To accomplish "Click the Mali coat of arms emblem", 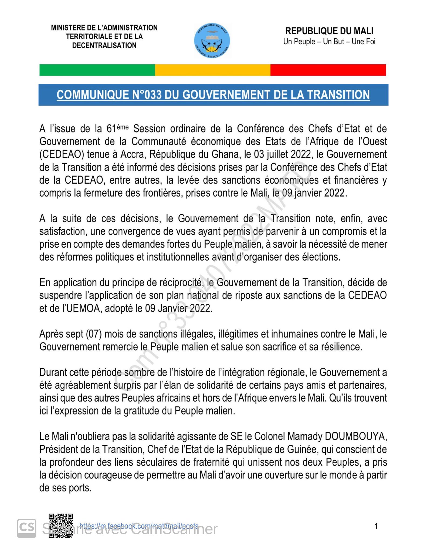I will (x=212, y=41).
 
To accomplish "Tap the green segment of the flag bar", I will (x=97, y=70).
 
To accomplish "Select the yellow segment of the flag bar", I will (x=212, y=70).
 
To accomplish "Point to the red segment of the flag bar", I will (x=328, y=70).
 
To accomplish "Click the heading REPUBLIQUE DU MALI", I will (x=329, y=31).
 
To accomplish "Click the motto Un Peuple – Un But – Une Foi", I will (x=329, y=42).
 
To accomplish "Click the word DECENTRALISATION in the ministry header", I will (x=104, y=45).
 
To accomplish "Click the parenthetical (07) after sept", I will (x=94, y=334).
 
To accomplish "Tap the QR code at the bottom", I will (x=61, y=525).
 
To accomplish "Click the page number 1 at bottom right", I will (x=376, y=526).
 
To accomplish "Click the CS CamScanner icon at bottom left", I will (x=27, y=528).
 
